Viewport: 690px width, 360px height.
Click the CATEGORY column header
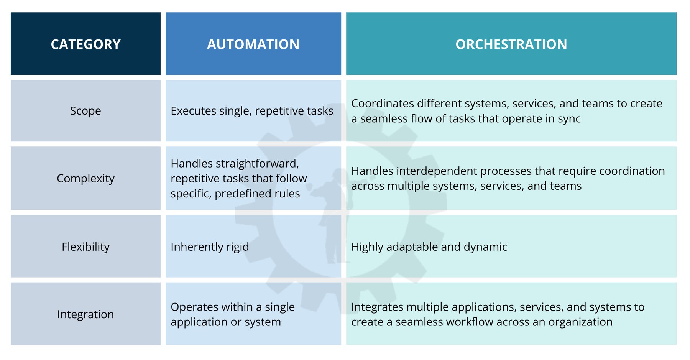85,44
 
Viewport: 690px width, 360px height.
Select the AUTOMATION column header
253,44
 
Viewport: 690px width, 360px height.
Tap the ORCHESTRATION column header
511,44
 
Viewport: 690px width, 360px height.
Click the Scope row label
85,111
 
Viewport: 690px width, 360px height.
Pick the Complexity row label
85,178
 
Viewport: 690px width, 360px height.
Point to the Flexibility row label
85,247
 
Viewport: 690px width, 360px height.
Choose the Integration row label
85,314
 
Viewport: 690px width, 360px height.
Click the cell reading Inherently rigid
210,247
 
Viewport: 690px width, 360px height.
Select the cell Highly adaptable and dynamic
429,247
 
